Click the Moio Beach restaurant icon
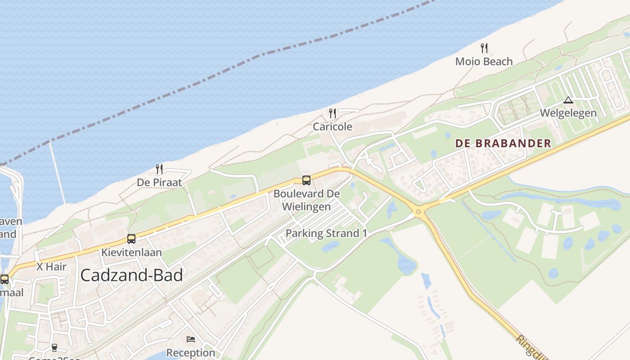484,48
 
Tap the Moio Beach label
484,61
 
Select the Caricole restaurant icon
333,113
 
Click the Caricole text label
333,126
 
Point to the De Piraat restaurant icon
159,169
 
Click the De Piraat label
159,182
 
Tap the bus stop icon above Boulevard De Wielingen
306,180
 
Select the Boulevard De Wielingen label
306,200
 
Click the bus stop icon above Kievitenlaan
131,239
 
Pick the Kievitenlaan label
131,252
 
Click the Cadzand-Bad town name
132,275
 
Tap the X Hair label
51,266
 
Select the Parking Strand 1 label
326,233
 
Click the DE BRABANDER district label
503,144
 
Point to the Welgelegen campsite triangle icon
568,100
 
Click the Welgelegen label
568,113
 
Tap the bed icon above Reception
191,339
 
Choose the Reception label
191,352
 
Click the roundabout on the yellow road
418,211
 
